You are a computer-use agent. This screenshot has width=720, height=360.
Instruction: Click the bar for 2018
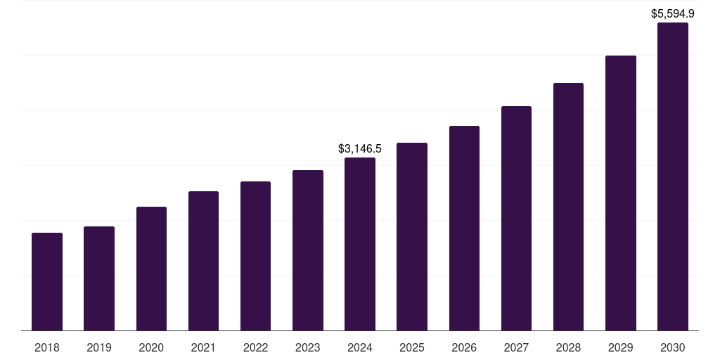point(47,281)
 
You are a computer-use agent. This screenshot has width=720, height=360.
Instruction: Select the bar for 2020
point(151,269)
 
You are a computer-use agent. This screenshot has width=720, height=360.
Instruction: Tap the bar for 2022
point(255,256)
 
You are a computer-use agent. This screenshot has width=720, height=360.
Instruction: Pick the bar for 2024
point(360,244)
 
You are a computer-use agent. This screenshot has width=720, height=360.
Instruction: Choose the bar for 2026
point(464,228)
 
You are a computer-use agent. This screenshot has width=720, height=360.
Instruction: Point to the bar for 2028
point(568,207)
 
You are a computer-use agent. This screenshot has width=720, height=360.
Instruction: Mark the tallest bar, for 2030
point(673,176)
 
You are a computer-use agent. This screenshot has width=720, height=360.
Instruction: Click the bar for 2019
point(99,278)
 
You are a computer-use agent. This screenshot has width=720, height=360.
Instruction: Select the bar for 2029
point(621,193)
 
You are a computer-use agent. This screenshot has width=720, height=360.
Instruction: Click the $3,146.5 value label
point(360,149)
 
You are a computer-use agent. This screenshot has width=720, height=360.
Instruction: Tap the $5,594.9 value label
point(673,13)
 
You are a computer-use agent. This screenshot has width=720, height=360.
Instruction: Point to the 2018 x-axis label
point(47,347)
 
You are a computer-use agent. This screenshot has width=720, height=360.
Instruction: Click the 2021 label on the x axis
point(203,347)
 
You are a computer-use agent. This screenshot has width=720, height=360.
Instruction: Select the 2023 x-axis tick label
point(308,347)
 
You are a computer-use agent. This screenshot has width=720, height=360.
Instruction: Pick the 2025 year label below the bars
point(412,347)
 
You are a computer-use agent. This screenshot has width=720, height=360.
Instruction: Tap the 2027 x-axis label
point(516,347)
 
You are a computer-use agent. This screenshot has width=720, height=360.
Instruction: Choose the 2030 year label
point(673,347)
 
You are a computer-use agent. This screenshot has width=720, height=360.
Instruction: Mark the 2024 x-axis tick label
point(360,347)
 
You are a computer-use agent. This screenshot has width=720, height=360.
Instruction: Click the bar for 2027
point(516,218)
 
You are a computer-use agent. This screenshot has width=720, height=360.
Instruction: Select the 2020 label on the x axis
point(151,347)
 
